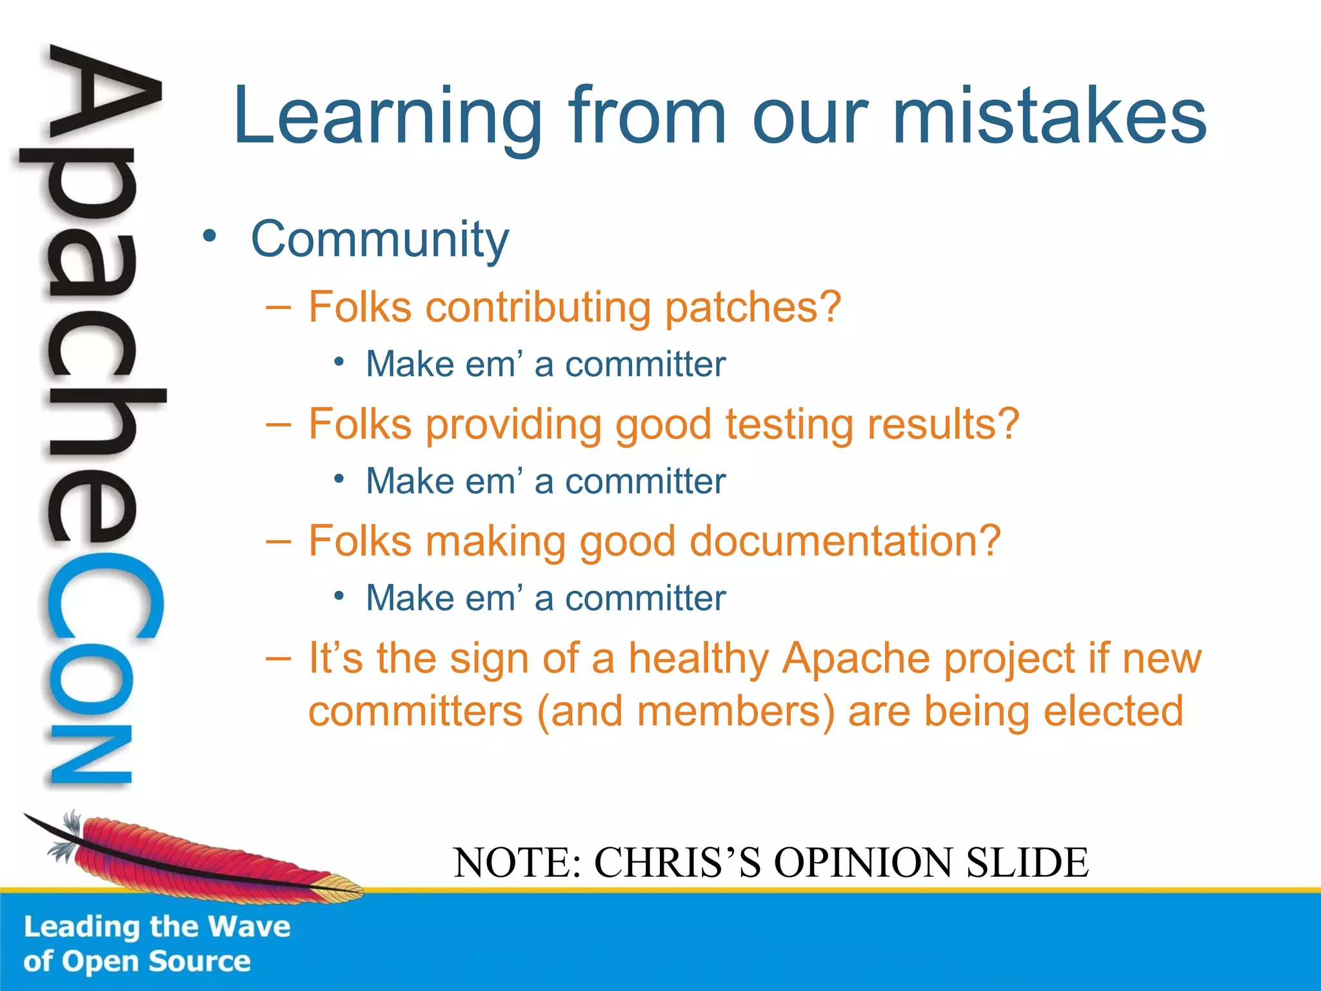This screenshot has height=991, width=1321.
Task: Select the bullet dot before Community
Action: pyautogui.click(x=208, y=236)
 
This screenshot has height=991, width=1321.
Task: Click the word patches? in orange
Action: pyautogui.click(x=753, y=307)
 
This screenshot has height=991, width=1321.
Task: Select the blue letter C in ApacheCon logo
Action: pyautogui.click(x=103, y=597)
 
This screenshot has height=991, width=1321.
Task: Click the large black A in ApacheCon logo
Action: pyautogui.click(x=103, y=97)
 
